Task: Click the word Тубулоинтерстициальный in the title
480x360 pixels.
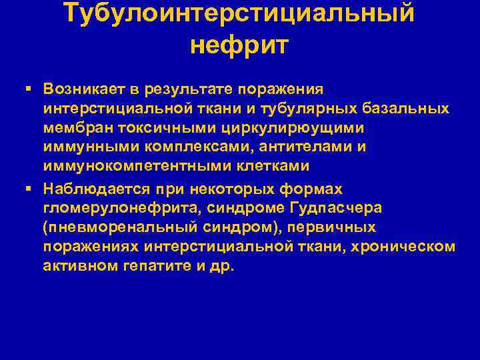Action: coord(239,13)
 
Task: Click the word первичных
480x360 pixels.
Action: coord(351,227)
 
